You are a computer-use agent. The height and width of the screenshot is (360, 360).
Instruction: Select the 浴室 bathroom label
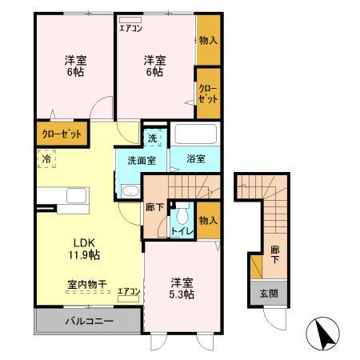point(194,158)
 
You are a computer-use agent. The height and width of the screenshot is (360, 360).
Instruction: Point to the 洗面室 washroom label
point(141,158)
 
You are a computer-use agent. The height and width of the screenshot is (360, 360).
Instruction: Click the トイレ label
point(181,232)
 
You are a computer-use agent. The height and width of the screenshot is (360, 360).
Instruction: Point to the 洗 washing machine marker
point(153,138)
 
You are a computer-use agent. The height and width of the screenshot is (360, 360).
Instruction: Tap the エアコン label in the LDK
point(129,290)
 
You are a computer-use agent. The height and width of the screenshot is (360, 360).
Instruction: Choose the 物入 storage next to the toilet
point(207,219)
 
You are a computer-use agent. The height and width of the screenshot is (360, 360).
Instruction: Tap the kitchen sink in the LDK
point(78,196)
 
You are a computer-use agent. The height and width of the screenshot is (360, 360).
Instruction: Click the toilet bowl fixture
point(182,214)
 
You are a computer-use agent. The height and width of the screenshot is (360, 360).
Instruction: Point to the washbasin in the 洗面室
point(130,190)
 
